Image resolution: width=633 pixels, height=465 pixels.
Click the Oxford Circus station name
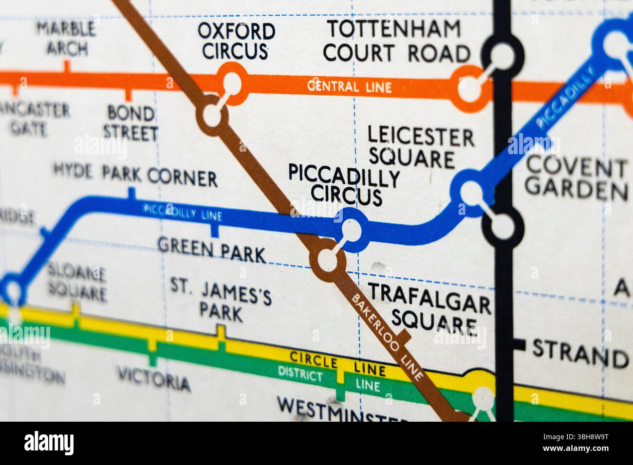[236, 41]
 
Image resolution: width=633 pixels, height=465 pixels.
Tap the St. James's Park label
[221, 298]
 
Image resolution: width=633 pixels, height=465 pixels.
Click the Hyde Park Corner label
[135, 175]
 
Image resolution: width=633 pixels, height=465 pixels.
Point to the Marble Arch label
[67, 39]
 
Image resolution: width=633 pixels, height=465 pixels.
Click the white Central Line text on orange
[349, 88]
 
